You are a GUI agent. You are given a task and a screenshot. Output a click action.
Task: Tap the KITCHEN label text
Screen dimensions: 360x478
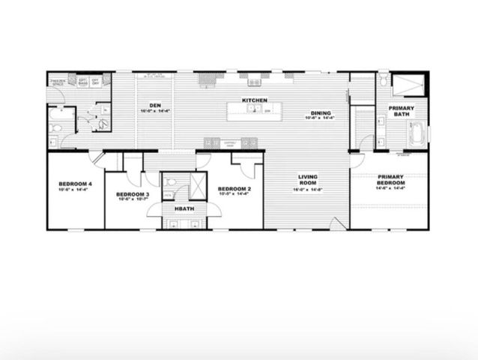coord(255,100)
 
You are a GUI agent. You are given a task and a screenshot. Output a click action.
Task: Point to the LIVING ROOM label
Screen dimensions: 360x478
coord(309,180)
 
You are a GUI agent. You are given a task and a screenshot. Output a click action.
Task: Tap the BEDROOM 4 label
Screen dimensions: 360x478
coord(76,184)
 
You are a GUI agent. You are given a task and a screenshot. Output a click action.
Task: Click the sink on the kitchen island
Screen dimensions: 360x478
coord(255,111)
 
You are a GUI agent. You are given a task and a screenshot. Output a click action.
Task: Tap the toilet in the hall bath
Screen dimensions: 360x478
coord(172,181)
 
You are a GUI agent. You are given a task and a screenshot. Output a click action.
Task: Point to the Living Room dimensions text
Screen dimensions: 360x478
coord(309,189)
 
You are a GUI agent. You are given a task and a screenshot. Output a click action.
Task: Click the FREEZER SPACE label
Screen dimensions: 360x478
coord(58,80)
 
